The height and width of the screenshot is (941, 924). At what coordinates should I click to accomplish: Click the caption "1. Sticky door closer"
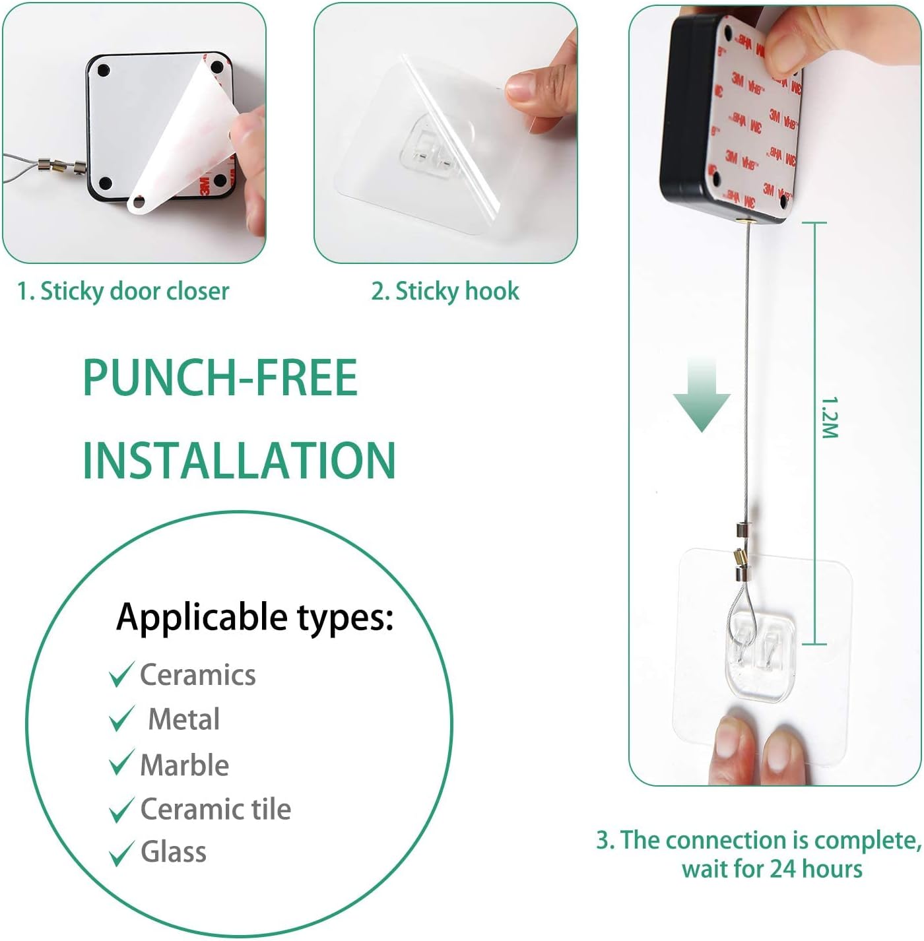[x=123, y=292]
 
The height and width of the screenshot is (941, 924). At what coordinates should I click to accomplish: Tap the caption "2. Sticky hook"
[x=445, y=292]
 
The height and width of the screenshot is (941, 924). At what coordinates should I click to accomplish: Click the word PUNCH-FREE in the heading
[x=220, y=377]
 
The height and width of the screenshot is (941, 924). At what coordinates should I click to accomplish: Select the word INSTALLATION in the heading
[x=239, y=461]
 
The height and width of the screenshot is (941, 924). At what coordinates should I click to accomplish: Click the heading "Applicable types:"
[x=255, y=618]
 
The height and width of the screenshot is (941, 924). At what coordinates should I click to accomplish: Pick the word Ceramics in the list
[x=198, y=675]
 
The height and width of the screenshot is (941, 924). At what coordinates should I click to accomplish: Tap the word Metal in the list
[x=183, y=719]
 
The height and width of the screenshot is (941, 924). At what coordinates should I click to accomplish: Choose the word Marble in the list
[x=185, y=765]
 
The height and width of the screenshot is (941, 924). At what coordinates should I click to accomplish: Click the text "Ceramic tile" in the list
[x=215, y=808]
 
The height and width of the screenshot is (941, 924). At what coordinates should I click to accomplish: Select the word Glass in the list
[x=174, y=852]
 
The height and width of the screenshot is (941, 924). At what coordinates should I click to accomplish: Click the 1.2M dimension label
[x=830, y=418]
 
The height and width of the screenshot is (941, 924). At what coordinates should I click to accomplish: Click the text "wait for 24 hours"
[x=772, y=869]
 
